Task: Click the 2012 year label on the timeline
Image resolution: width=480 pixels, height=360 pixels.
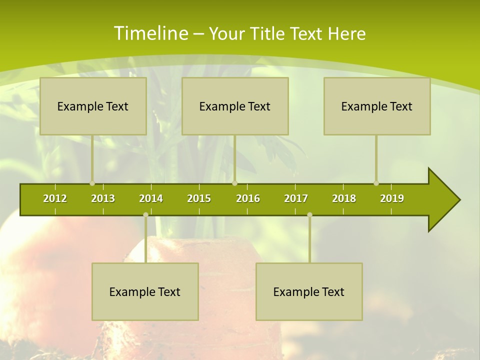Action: point(55,198)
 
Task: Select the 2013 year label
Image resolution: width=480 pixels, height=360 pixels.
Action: point(103,198)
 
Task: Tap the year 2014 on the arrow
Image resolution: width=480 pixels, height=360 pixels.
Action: point(151,198)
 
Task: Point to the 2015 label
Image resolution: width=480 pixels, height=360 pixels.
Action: point(199,198)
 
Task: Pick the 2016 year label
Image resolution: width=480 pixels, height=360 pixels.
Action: point(248,198)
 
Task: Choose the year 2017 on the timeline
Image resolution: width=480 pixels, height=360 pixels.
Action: point(296,198)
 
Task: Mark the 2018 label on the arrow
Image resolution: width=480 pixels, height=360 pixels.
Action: point(344,198)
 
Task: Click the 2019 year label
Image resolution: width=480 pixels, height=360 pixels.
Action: point(392,198)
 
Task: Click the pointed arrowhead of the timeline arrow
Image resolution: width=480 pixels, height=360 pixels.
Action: point(447,200)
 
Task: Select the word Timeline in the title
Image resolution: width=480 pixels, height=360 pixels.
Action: point(149,33)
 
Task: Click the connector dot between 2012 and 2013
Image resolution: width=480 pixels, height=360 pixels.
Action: point(92,183)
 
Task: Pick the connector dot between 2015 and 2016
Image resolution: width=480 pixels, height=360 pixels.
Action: point(234,183)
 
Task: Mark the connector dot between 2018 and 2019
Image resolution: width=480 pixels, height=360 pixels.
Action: point(376,183)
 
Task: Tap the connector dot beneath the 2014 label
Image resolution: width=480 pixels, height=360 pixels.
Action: point(145,215)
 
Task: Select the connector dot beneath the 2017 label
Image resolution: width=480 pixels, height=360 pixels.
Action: point(309,215)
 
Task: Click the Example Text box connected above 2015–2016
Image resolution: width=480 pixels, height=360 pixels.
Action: point(235,106)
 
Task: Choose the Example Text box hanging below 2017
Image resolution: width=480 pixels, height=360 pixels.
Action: point(309,291)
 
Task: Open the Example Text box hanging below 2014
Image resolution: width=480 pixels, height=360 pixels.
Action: point(145,291)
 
